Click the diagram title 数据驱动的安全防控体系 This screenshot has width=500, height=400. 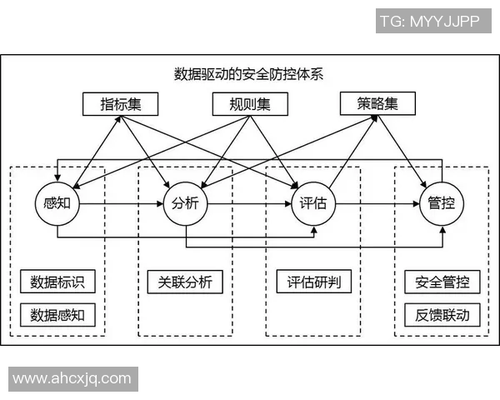(249, 73)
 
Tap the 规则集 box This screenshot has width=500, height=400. (249, 104)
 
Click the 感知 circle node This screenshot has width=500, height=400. (57, 202)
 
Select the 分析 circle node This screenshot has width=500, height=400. (185, 202)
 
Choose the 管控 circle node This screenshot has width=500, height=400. (441, 202)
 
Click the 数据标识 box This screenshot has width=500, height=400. (57, 282)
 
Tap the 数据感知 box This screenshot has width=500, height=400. (57, 315)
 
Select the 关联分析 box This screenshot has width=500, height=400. (185, 282)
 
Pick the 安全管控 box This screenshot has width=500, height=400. (441, 282)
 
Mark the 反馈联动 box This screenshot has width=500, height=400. (441, 315)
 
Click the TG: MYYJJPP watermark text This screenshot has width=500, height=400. (429, 22)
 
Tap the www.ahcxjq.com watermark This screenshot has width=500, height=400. (72, 378)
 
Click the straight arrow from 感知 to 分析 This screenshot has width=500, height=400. (121, 202)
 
